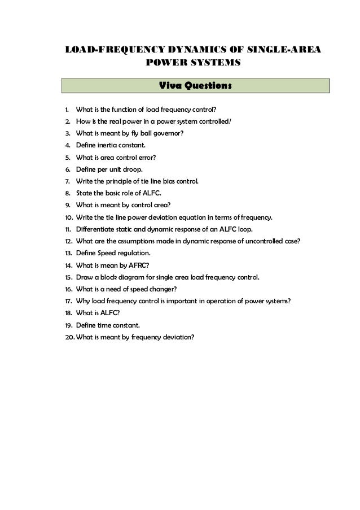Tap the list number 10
(x=67, y=217)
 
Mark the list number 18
(x=67, y=313)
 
